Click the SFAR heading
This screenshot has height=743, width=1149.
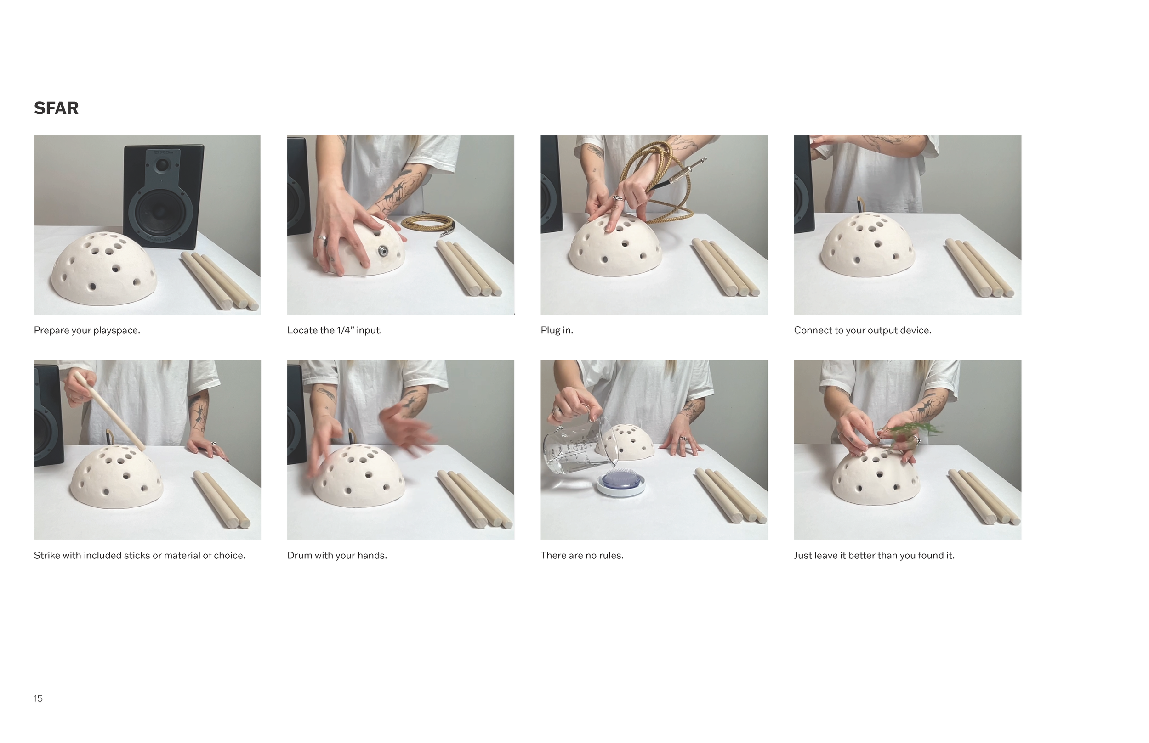[x=56, y=108]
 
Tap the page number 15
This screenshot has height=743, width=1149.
[x=38, y=698]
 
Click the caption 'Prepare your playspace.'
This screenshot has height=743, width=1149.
[x=87, y=331]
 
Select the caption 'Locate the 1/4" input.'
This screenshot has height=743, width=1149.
[x=335, y=331]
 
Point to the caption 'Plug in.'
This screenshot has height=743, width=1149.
[x=557, y=331]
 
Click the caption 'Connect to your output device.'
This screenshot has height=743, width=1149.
[x=863, y=331]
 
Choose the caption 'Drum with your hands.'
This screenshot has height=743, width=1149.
[x=337, y=555]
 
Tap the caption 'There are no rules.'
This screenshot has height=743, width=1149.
[x=582, y=555]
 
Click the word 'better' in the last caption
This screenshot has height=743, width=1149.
[x=860, y=555]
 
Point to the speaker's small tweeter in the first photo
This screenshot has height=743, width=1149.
[x=162, y=165]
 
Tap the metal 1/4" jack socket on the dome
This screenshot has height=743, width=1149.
[x=383, y=250]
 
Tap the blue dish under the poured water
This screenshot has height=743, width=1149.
[x=620, y=483]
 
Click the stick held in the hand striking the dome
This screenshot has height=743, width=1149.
[x=109, y=411]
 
